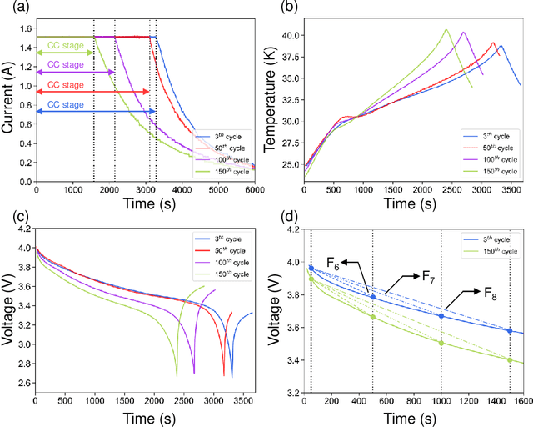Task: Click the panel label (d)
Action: (x=279, y=219)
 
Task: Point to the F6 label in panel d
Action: (x=331, y=267)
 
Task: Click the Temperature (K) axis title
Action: (x=271, y=99)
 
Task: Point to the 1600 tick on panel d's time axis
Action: (x=521, y=400)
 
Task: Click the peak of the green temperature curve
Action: (x=446, y=30)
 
